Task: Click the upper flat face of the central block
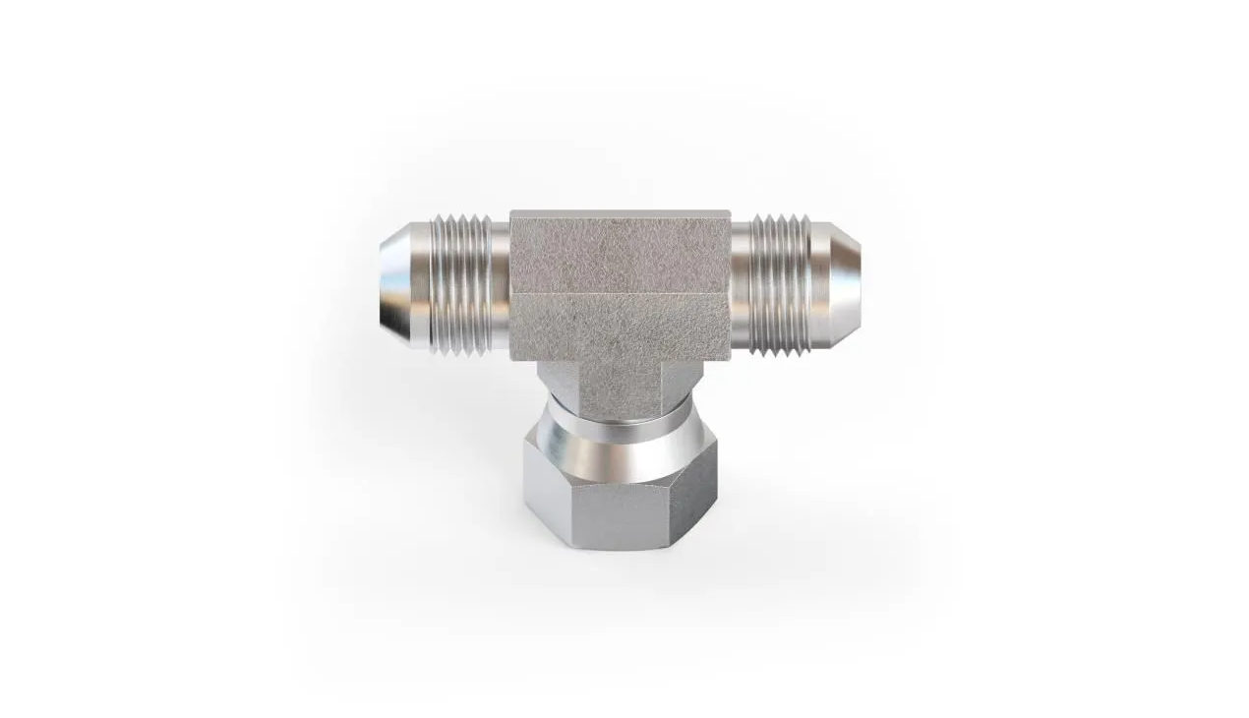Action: pyautogui.click(x=620, y=252)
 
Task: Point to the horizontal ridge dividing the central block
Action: pyautogui.click(x=620, y=294)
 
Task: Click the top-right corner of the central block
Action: pyautogui.click(x=729, y=212)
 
